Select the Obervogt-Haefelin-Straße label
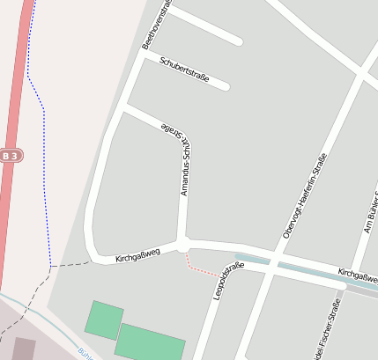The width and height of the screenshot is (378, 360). pyautogui.click(x=302, y=193)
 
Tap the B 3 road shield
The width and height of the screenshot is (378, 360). pyautogui.click(x=10, y=156)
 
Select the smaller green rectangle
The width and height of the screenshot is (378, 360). pyautogui.click(x=104, y=320)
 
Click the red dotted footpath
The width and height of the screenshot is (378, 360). pyautogui.click(x=204, y=267)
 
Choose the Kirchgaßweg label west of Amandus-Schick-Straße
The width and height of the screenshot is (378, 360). pyautogui.click(x=137, y=256)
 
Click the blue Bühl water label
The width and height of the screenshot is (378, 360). pyautogui.click(x=86, y=355)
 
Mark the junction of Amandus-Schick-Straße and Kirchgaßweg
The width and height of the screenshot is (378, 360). pyautogui.click(x=182, y=244)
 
